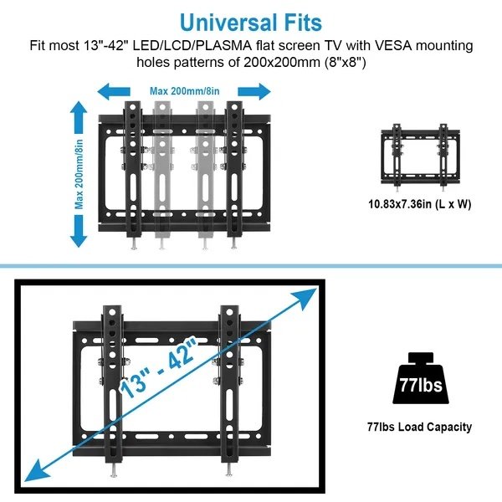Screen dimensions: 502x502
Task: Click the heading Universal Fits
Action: pyautogui.click(x=250, y=20)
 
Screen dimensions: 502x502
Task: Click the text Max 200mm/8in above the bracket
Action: pyautogui.click(x=184, y=90)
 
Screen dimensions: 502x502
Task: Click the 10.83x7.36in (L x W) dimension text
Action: pyautogui.click(x=417, y=202)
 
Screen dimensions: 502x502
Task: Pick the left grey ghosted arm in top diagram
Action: pyautogui.click(x=162, y=167)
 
